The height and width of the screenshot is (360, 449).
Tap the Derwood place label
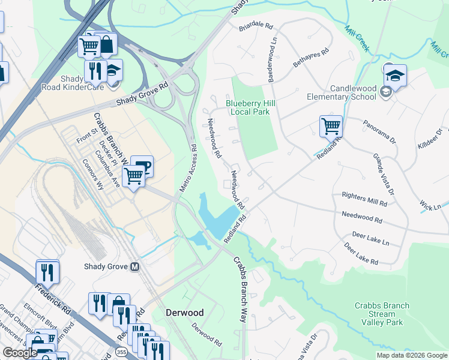(185, 313)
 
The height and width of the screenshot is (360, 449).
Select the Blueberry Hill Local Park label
(250, 107)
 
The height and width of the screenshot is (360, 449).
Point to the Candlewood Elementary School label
(342, 92)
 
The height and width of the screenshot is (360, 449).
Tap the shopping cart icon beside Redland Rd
(331, 127)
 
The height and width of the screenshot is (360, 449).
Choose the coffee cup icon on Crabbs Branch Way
(142, 166)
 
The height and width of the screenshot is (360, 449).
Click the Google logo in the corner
(20, 353)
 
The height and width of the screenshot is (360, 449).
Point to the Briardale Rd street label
(256, 28)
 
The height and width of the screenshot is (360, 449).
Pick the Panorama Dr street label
(379, 131)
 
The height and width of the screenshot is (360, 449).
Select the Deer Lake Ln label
(370, 238)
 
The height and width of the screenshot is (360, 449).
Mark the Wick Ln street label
(430, 206)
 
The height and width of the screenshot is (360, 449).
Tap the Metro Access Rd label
(187, 167)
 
